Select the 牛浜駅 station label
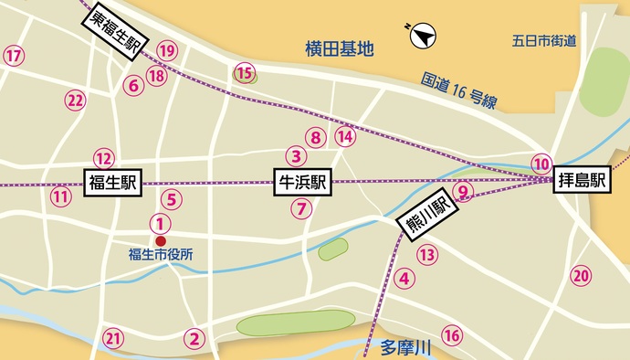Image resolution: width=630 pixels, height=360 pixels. click(302, 183)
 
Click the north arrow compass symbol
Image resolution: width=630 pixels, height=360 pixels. click(422, 37)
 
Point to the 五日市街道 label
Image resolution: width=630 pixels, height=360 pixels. click(544, 40)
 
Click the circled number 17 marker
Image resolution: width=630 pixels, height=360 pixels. click(14, 57)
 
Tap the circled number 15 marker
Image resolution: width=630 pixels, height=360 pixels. click(244, 72)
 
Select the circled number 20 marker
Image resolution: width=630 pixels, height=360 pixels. click(581, 275)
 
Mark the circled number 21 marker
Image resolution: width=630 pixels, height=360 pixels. click(113, 339)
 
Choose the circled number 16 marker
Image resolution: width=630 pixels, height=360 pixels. click(451, 335)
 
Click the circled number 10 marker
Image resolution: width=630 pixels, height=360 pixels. click(542, 164)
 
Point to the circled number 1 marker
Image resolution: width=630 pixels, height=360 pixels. click(161, 222)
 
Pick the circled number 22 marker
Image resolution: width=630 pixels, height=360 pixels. click(76, 100)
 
